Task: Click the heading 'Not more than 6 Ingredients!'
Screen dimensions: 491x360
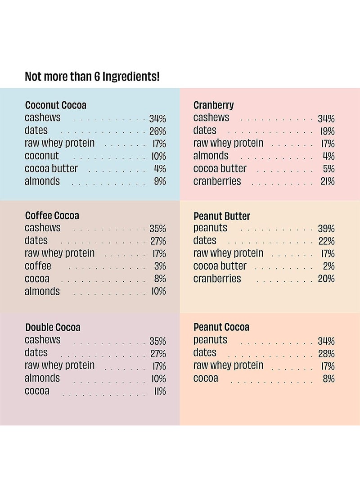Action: point(92,77)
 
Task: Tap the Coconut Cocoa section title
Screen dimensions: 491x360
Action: point(56,105)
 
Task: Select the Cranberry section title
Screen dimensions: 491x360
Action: point(214,105)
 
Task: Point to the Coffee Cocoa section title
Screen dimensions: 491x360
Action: point(52,216)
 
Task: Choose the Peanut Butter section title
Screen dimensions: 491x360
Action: point(222,216)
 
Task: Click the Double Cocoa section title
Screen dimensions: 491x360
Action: point(53,327)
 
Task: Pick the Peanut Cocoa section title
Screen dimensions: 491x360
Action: point(221,327)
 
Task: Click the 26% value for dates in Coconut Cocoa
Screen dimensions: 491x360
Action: point(157,131)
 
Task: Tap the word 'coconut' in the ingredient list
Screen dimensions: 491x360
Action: point(42,156)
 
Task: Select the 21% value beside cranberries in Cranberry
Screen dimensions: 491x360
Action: point(327,182)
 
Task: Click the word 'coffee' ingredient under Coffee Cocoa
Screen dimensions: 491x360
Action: point(38,266)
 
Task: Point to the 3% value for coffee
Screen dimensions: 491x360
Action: point(160,266)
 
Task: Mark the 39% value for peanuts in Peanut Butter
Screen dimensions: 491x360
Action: point(326,229)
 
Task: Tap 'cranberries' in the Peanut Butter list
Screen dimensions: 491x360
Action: point(217,279)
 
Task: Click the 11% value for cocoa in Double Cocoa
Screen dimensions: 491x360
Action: point(160,392)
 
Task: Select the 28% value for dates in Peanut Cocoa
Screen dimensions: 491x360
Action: point(326,354)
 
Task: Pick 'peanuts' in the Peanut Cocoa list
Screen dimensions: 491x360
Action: point(211,340)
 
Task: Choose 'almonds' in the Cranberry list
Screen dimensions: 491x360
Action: point(211,156)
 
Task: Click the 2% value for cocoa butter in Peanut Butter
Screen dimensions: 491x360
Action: point(328,266)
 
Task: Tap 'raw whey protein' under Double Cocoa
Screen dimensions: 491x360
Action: point(60,365)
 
